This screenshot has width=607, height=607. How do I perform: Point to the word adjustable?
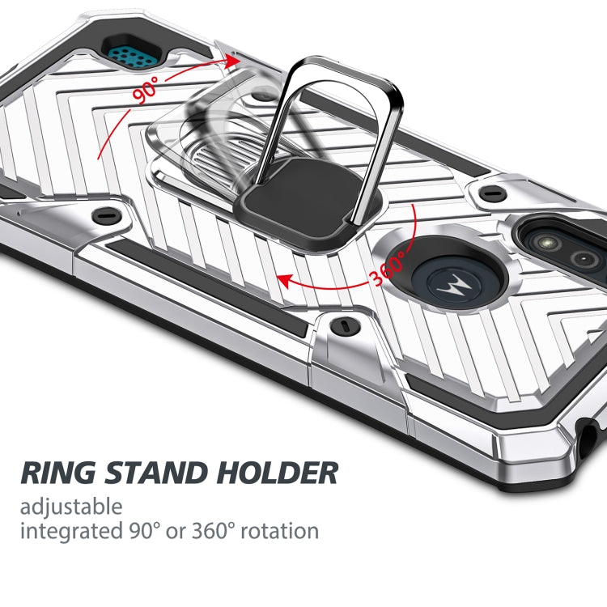71,507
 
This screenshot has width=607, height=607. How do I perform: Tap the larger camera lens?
541,240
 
